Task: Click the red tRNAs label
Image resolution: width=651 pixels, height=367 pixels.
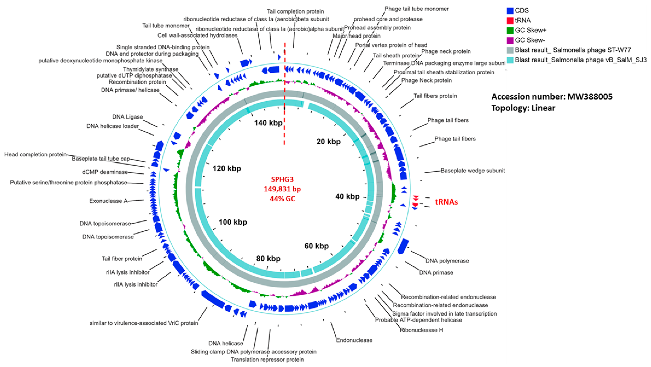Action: coord(446,202)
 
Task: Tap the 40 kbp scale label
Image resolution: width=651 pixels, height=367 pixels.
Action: coord(347,196)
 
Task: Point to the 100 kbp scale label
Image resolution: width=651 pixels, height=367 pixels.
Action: coord(233,222)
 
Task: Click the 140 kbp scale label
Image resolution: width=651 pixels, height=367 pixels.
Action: coord(268,123)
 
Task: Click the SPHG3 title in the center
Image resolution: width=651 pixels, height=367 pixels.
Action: coord(282,179)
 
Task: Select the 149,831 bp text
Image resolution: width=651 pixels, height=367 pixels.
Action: coord(282,189)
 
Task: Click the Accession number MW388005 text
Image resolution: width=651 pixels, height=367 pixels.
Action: coord(552,97)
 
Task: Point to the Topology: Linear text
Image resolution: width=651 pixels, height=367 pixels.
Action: coord(523,108)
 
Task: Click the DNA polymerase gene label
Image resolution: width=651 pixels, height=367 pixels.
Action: coord(447,261)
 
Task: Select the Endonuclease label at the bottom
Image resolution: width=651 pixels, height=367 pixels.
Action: coord(354,340)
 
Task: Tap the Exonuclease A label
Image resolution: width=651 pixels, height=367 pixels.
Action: coord(108,201)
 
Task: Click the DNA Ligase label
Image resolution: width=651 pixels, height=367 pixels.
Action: coord(127,117)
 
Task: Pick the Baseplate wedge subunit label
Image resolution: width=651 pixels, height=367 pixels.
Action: coord(473,171)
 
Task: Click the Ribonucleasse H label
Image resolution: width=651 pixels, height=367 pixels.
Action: coord(421,330)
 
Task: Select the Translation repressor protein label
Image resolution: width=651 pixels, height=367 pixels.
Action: coord(267,359)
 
